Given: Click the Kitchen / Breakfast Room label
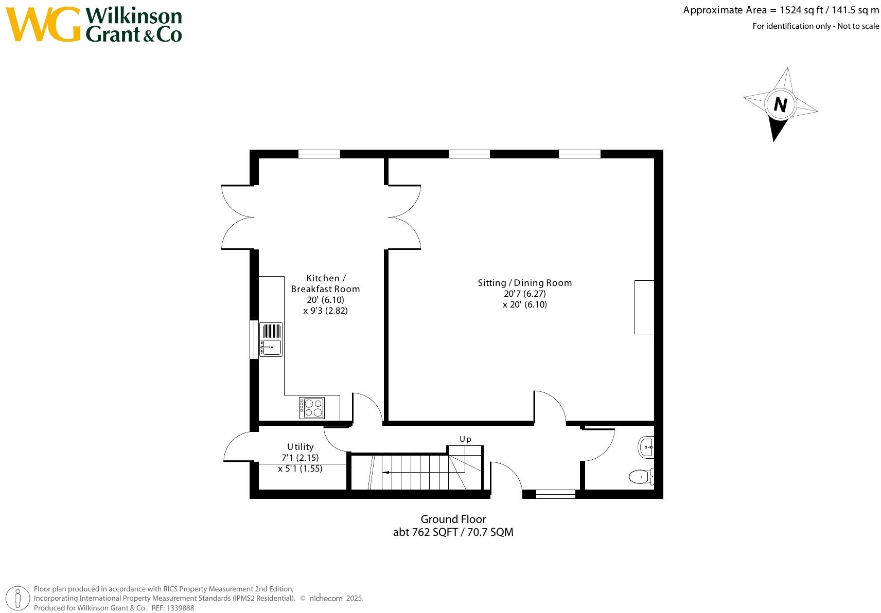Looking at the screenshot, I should [325, 283].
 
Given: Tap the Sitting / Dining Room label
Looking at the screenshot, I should [524, 283].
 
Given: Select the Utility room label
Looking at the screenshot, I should [300, 447].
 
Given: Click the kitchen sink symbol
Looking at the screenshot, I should [271, 339].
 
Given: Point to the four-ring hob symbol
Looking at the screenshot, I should [312, 408].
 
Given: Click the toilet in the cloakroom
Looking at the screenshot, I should [640, 476].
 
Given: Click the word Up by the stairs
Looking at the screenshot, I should [465, 439].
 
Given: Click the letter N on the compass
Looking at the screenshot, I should [780, 105].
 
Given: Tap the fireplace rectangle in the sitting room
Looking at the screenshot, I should [644, 307].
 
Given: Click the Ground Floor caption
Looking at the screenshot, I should [453, 519].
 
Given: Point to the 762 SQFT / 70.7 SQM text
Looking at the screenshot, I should [453, 532].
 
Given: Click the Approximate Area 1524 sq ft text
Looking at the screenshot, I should [781, 10].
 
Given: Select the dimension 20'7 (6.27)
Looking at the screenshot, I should [524, 294].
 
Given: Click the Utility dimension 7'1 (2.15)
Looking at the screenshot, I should [300, 458].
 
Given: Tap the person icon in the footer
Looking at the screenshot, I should [18, 599].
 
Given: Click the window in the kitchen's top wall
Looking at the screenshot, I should [319, 154].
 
